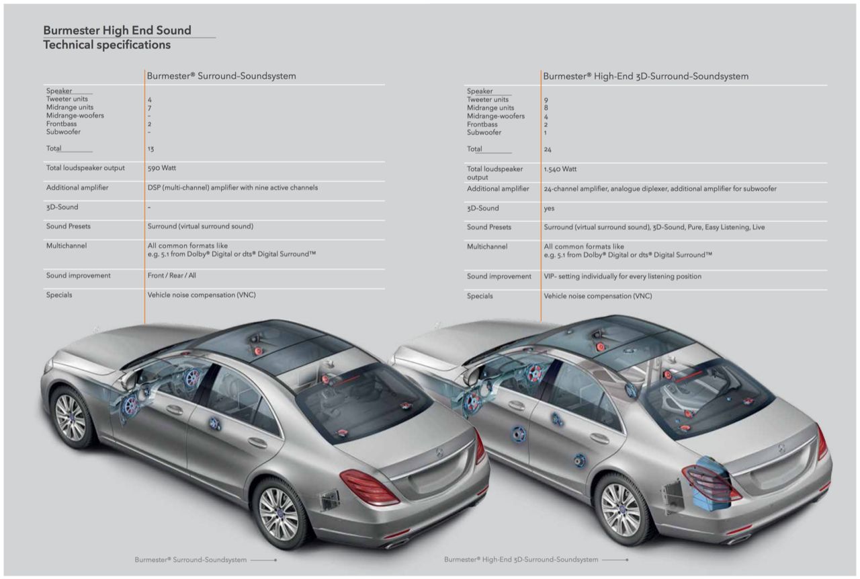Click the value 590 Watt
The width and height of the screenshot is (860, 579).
(x=162, y=168)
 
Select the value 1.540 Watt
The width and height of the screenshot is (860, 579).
(x=560, y=169)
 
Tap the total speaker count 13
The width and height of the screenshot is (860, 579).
(x=150, y=149)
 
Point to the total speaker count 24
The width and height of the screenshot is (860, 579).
(x=548, y=149)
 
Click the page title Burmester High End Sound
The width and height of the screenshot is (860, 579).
(x=117, y=30)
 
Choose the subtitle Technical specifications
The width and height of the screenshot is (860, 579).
(x=107, y=45)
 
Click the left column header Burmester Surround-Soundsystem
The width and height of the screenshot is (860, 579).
(x=221, y=76)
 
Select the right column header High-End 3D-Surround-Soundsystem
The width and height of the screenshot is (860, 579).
(x=645, y=76)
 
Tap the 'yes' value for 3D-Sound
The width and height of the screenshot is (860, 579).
(x=549, y=208)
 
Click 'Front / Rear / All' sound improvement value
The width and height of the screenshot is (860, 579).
(x=172, y=276)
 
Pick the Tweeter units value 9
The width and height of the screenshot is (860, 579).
(x=546, y=100)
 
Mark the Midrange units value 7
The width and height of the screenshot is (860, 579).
(x=150, y=108)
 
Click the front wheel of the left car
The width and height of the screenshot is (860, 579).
(x=69, y=417)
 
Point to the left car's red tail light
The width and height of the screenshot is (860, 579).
(x=369, y=486)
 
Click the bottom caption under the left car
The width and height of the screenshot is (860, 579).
(x=190, y=559)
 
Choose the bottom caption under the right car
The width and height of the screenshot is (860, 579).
(x=521, y=559)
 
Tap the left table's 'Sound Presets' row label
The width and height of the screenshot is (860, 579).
(x=69, y=227)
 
